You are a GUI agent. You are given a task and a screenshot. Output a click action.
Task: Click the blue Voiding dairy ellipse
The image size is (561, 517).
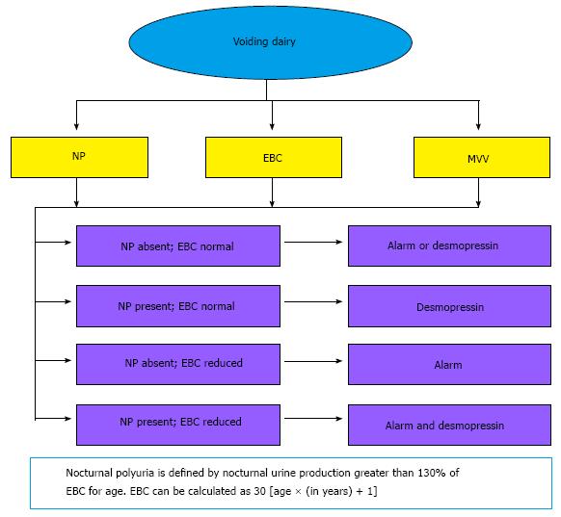(271, 42)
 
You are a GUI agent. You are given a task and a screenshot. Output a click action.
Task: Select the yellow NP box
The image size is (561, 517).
(79, 157)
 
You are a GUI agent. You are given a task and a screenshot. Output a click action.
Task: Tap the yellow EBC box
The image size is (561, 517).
(274, 157)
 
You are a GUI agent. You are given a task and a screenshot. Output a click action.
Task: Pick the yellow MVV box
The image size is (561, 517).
(482, 157)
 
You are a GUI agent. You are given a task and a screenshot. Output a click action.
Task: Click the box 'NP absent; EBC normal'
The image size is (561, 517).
(178, 246)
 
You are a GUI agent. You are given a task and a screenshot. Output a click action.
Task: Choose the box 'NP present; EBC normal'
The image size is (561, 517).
(178, 306)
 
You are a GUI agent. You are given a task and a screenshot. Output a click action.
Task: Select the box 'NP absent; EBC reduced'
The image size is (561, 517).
(178, 365)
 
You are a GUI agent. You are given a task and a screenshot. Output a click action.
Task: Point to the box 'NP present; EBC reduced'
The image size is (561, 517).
(178, 425)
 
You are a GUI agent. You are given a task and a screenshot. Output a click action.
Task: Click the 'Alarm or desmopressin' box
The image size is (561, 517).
(450, 246)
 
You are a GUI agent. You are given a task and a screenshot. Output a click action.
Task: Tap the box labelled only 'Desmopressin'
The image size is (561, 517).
(450, 306)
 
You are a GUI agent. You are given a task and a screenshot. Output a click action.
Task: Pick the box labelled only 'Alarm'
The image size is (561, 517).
(450, 365)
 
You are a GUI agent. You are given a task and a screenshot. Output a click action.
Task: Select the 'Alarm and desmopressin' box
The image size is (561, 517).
(450, 425)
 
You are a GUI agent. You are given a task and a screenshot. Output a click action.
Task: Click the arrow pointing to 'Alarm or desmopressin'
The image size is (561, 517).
(313, 243)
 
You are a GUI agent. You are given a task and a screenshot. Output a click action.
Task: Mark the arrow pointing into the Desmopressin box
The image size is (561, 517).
(313, 302)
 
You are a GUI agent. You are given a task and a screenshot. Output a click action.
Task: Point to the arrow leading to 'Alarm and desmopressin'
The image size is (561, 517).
(313, 419)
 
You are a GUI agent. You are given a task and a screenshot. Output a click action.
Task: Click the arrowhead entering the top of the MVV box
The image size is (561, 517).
(478, 126)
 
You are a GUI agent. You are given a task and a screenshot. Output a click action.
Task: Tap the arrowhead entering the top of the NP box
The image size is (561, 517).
(76, 126)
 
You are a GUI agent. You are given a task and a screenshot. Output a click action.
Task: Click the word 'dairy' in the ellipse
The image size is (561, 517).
(283, 41)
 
